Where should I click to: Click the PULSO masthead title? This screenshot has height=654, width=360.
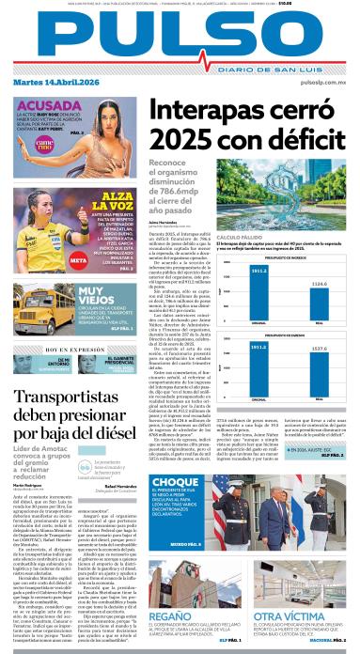click(180, 36)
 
